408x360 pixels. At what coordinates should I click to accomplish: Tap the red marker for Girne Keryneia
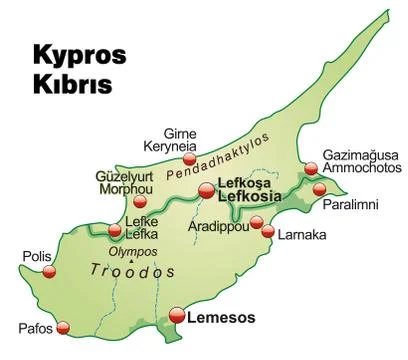189,157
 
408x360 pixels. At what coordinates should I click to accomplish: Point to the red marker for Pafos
65,326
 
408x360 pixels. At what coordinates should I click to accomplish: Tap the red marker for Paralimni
319,189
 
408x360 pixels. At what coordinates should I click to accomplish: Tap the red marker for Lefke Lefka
115,231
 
